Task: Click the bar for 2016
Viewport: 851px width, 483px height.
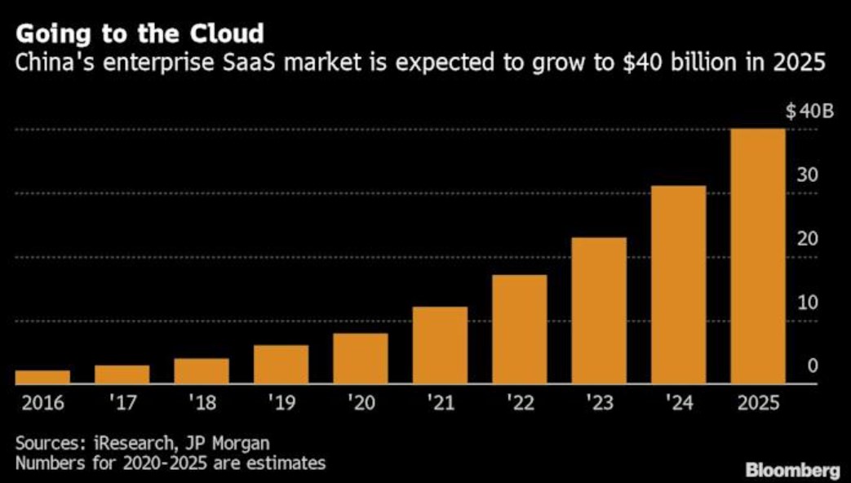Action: (x=42, y=377)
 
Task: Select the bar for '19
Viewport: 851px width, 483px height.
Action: (x=281, y=365)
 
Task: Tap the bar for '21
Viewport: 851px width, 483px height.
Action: (x=441, y=345)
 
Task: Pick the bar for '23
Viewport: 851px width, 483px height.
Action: (x=600, y=310)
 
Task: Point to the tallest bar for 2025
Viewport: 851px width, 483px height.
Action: (x=758, y=256)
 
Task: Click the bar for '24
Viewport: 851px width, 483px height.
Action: (x=679, y=285)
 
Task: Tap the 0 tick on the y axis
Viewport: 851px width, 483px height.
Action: (x=813, y=366)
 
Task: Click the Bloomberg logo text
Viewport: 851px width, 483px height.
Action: (x=792, y=470)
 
